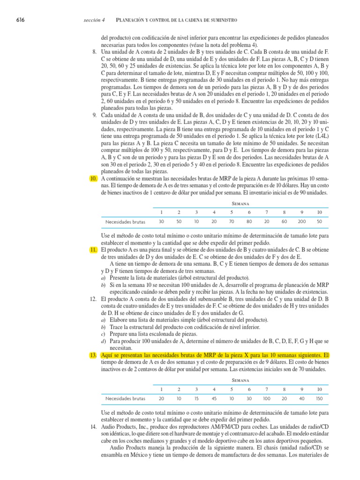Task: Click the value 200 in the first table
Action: tap(302, 221)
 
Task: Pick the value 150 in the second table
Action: tap(319, 398)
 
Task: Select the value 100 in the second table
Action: tap(267, 398)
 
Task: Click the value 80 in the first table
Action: tap(249, 221)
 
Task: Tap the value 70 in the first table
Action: tap(232, 221)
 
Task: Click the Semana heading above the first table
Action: tap(240, 204)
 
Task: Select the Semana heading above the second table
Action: tap(240, 381)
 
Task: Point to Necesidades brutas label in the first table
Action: tap(125, 221)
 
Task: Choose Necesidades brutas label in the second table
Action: tap(125, 398)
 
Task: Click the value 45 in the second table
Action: tap(214, 398)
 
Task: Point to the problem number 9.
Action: tap(94, 115)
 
